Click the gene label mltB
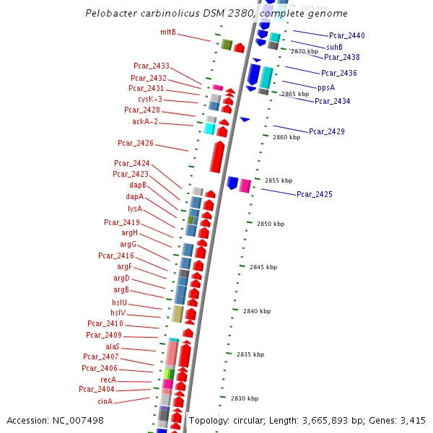(x=168, y=32)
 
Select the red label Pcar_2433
(x=152, y=66)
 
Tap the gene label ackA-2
(x=144, y=122)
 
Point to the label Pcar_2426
(x=136, y=143)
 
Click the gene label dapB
(x=138, y=185)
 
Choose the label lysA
(x=135, y=209)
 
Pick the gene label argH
(x=129, y=232)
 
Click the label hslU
(x=119, y=302)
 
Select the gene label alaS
(x=113, y=346)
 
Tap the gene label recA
(x=108, y=380)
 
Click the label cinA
(x=105, y=401)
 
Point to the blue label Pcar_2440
(x=347, y=35)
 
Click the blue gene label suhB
(x=334, y=47)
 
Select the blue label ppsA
(x=326, y=87)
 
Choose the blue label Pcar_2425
(x=315, y=194)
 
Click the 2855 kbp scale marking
(x=279, y=180)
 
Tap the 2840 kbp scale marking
(x=257, y=311)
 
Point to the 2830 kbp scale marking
(x=244, y=398)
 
